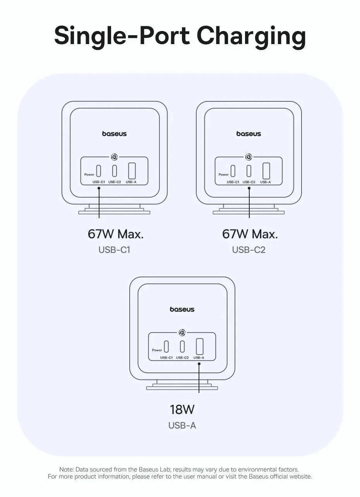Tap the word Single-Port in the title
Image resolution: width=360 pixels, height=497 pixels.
tap(122, 36)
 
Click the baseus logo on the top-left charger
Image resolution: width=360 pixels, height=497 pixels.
tap(114, 134)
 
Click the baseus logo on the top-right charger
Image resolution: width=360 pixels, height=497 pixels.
tap(249, 134)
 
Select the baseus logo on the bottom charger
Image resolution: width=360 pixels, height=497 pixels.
tap(182, 309)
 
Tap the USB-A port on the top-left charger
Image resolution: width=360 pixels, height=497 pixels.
tap(132, 171)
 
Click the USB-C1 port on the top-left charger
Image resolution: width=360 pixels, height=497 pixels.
tap(99, 171)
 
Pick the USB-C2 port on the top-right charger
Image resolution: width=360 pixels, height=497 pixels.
tap(249, 171)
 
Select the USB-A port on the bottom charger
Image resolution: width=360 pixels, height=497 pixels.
tap(200, 346)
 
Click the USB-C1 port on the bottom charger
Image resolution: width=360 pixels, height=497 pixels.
tap(166, 346)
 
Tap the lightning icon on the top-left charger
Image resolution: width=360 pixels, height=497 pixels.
tap(114, 157)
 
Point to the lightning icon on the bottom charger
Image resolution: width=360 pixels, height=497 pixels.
tap(182, 333)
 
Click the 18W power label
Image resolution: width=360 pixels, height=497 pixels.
tap(182, 409)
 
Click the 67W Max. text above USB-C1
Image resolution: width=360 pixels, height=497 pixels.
tap(115, 234)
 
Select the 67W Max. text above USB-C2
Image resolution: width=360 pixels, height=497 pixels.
tap(250, 234)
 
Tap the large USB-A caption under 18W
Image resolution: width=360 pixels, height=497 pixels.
tap(182, 425)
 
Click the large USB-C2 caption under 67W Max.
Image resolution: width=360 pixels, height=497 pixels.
tap(249, 250)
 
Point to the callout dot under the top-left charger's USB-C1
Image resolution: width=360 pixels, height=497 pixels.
tap(99, 188)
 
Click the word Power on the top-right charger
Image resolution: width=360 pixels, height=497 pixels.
tap(223, 174)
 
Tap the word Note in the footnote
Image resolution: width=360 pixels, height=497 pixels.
tap(67, 469)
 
